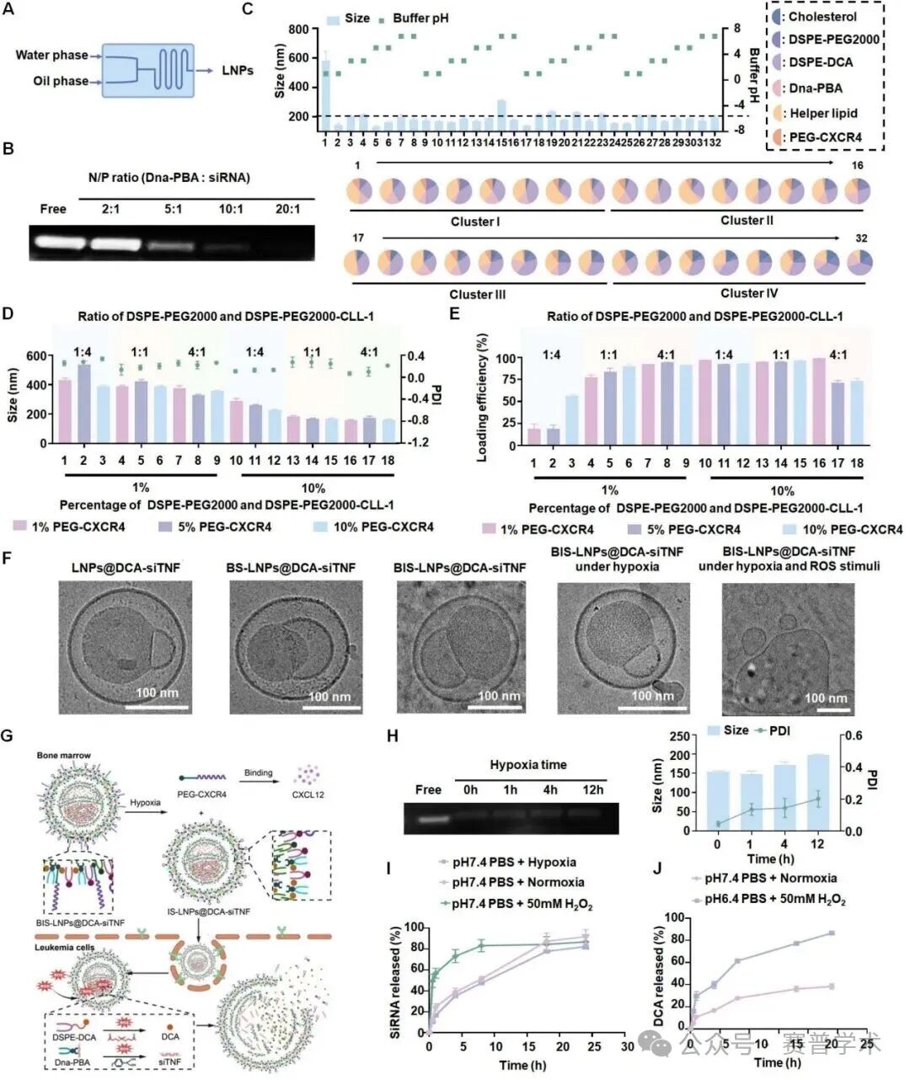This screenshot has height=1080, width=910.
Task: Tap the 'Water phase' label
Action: point(51,56)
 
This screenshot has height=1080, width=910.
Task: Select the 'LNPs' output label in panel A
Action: point(238,70)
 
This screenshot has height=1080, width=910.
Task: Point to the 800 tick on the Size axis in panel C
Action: point(297,29)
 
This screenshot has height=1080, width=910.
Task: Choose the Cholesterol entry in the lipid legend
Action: point(822,17)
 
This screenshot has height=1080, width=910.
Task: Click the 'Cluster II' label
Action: point(747,221)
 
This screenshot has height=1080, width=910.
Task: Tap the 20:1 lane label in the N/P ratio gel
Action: point(287,209)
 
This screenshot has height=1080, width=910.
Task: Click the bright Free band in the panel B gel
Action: point(55,243)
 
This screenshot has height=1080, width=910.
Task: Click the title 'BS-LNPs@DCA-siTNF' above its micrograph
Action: point(291,567)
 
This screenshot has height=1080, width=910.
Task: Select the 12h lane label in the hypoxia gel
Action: point(594,789)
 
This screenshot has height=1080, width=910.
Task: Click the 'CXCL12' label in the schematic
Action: point(308,794)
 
